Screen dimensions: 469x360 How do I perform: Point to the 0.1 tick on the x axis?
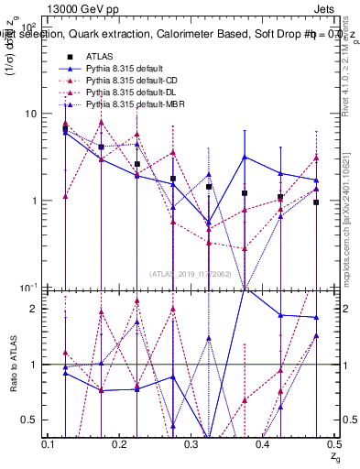pyautogui.click(x=49, y=444)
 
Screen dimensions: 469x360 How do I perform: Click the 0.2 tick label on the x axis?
pyautogui.click(x=121, y=444)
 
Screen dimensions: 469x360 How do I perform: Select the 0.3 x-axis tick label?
pyautogui.click(x=192, y=444)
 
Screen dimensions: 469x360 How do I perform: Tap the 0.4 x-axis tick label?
pyautogui.click(x=264, y=444)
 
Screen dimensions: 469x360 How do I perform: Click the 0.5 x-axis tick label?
pyautogui.click(x=334, y=444)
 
